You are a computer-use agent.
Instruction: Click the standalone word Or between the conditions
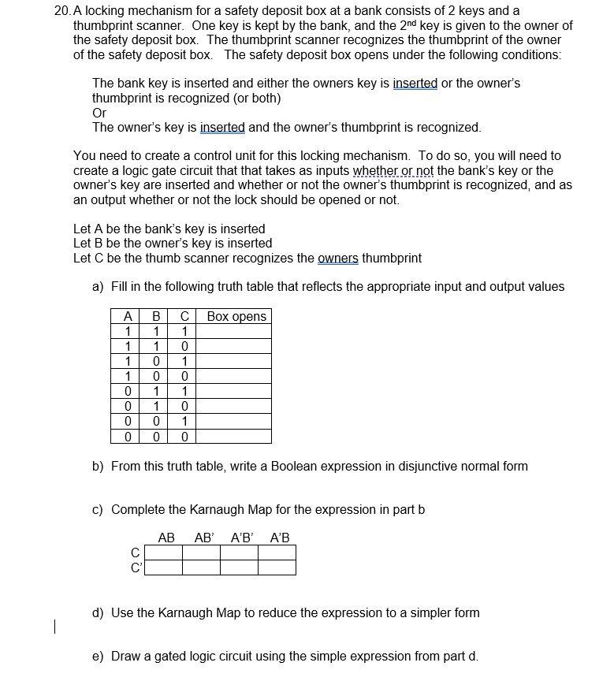(99, 113)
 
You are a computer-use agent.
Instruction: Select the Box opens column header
(236, 317)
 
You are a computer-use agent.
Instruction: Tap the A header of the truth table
(127, 317)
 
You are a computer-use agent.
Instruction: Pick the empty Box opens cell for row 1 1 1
(236, 332)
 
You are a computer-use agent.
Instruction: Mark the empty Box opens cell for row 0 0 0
(236, 437)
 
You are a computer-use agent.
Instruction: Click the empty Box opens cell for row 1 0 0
(236, 377)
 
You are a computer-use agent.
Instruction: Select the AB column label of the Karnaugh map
(166, 538)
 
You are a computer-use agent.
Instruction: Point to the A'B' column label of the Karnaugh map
(242, 538)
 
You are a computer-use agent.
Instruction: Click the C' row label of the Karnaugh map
(136, 567)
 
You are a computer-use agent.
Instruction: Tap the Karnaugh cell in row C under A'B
(277, 553)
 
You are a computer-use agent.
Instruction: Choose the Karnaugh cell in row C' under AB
(164, 567)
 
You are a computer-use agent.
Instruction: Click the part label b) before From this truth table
(99, 467)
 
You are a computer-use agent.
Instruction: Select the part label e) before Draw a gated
(99, 657)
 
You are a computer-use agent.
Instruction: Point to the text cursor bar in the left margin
(54, 627)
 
